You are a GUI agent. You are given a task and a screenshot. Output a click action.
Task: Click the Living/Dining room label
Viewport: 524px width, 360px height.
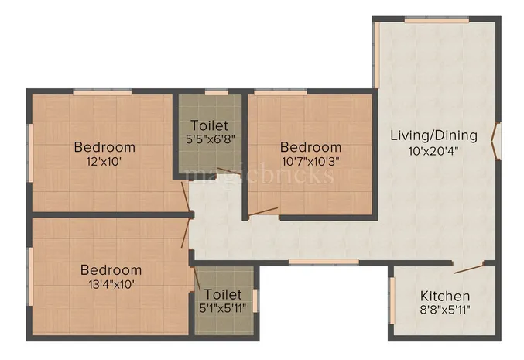coord(433,135)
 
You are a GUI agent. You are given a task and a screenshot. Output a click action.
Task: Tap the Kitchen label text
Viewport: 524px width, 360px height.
coord(445,296)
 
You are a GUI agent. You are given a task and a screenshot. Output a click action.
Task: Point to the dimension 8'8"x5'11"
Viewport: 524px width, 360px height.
coord(445,310)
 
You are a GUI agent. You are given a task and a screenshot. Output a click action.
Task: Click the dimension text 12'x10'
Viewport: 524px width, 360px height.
coord(104,162)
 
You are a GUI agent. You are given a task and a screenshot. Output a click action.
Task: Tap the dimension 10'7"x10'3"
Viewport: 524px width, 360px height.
coord(310,162)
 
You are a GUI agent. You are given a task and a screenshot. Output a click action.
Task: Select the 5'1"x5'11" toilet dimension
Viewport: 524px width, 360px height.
coord(223,308)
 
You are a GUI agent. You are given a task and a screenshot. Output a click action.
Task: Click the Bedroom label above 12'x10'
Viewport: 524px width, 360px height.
coord(104,147)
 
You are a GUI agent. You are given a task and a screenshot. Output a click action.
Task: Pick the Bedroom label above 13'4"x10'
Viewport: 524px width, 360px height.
coord(111,270)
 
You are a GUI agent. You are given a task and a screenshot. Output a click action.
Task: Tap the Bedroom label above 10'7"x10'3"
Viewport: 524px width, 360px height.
coord(310,147)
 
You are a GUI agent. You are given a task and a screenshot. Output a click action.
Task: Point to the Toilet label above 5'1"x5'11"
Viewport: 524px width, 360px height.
coord(223,294)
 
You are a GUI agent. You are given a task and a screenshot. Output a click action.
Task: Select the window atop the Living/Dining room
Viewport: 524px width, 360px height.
coord(430,19)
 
